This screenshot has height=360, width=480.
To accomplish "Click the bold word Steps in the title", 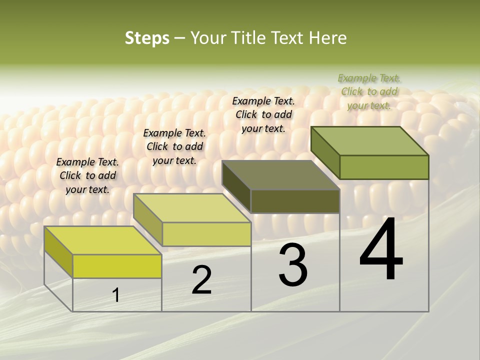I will tap(147, 38).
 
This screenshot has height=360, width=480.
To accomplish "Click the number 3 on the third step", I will tap(293, 265).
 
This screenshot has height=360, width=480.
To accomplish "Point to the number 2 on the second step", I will tap(201, 280).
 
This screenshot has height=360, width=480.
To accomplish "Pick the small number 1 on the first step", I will tap(116, 295).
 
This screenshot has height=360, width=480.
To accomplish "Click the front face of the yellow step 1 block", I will tap(117, 266).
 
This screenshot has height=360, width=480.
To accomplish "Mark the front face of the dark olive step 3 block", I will tap(295, 201).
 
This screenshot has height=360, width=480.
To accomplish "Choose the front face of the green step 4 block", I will tap(384, 167).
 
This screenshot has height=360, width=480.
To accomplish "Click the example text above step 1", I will tap(87, 175).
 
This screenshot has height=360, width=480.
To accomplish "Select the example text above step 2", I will tap(174, 146).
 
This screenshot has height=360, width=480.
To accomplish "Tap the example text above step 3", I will tap(263, 114).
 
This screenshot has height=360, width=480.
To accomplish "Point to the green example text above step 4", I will tap(369, 91).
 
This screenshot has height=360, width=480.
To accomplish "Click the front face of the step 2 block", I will tap(206, 234).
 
